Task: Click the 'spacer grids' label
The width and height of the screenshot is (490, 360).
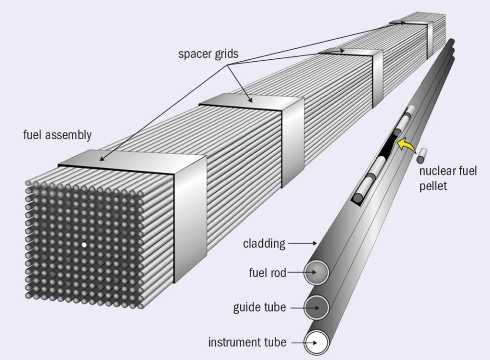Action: click(208, 54)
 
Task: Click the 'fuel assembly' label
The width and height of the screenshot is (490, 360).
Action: click(57, 135)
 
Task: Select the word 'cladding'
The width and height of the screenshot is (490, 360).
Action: click(264, 244)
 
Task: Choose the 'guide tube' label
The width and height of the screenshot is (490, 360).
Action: click(259, 307)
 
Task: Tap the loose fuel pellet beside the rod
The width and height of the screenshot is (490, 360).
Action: click(423, 155)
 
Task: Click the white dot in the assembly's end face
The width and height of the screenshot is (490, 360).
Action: click(84, 245)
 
